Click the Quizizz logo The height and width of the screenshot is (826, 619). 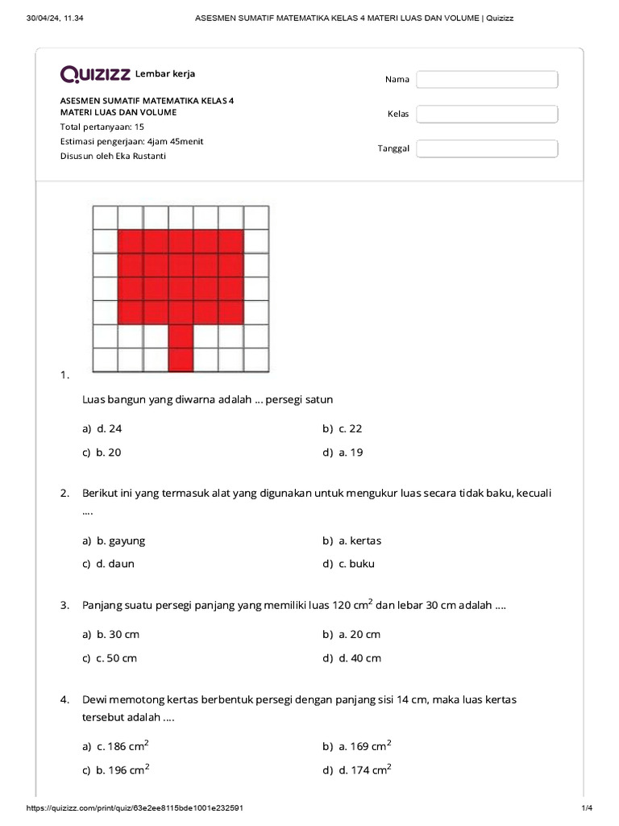point(95,75)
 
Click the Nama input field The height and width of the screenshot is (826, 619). point(487,79)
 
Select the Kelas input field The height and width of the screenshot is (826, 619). point(487,114)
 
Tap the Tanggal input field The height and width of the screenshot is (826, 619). point(487,148)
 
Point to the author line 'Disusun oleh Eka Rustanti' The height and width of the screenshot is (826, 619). point(113,156)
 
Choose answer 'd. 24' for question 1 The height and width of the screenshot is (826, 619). point(109,429)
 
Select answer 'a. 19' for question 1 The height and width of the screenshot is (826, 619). point(351,453)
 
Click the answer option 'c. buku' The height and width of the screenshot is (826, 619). point(356,564)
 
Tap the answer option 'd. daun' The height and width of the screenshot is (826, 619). point(115,564)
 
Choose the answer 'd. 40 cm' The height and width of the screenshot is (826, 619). point(359,658)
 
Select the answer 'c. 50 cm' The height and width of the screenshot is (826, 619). point(117,658)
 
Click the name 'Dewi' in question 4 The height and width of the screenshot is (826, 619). point(96,699)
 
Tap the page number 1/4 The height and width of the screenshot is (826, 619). point(586,807)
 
